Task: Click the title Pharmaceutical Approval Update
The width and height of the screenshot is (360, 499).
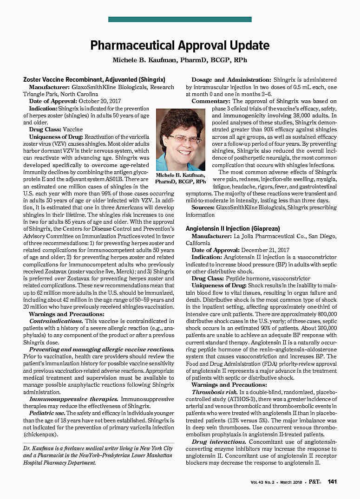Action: (x=180, y=45)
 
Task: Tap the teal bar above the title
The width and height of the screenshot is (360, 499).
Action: (x=180, y=19)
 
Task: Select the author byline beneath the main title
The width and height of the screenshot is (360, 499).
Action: (x=180, y=60)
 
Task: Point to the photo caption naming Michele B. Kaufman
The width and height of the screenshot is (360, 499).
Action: (x=180, y=178)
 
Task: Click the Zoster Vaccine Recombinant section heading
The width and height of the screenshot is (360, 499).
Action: (x=94, y=79)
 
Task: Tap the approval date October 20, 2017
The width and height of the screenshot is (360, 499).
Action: (x=100, y=101)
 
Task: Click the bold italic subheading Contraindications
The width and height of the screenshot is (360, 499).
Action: (x=56, y=321)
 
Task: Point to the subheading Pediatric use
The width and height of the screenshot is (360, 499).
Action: (x=47, y=412)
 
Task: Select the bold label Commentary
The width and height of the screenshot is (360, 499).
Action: (x=211, y=101)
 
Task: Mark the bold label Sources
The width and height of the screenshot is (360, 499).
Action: (x=203, y=207)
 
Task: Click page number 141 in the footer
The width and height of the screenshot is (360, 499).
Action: (x=332, y=482)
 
